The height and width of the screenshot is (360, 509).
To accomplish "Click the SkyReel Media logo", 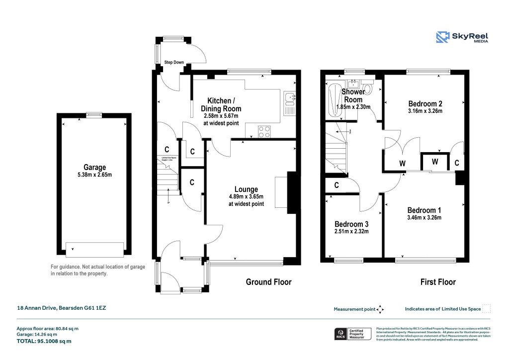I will [x=461, y=37].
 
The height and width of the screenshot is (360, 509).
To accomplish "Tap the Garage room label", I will [x=94, y=168].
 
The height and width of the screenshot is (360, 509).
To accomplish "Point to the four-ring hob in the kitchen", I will [x=264, y=131].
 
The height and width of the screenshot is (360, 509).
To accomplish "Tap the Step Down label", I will [x=174, y=63].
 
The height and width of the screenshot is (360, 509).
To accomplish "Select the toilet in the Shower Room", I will [x=367, y=89].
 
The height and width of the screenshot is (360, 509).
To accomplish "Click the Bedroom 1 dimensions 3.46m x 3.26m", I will [x=424, y=217].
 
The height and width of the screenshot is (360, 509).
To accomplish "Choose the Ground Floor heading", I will [x=268, y=282].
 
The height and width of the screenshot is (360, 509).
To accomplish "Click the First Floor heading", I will [x=438, y=282].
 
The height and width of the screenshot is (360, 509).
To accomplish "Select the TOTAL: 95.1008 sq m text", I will [x=44, y=341].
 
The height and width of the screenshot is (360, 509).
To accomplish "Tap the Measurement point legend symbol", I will [x=380, y=309].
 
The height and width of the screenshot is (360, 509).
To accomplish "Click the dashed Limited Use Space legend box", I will [x=487, y=309].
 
